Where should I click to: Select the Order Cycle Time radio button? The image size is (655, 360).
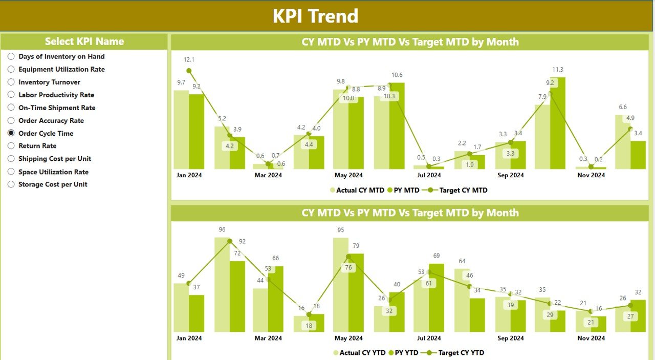pyautogui.click(x=11, y=133)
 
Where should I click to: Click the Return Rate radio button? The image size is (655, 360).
pyautogui.click(x=11, y=146)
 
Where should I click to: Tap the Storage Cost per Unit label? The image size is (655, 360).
pyautogui.click(x=53, y=184)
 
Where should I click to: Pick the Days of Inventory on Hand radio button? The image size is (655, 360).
pyautogui.click(x=11, y=56)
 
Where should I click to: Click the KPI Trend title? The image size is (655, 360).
pyautogui.click(x=316, y=16)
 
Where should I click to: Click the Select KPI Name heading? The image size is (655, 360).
pyautogui.click(x=84, y=41)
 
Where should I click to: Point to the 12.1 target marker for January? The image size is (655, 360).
pyautogui.click(x=189, y=71)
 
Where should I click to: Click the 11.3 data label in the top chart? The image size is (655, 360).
pyautogui.click(x=557, y=70)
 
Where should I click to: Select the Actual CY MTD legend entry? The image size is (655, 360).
pyautogui.click(x=357, y=190)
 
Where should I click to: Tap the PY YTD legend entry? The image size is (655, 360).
pyautogui.click(x=404, y=353)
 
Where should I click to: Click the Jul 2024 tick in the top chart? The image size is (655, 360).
pyautogui.click(x=429, y=175)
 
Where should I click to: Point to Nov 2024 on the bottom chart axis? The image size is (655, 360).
pyautogui.click(x=591, y=338)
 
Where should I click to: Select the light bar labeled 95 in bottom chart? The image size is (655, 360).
pyautogui.click(x=341, y=285)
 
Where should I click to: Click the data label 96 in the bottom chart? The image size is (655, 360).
pyautogui.click(x=222, y=229)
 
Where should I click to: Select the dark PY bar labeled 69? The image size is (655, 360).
pyautogui.click(x=436, y=298)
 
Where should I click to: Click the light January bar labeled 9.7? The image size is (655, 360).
pyautogui.click(x=181, y=130)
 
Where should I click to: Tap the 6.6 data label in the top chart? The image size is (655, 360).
pyautogui.click(x=623, y=107)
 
